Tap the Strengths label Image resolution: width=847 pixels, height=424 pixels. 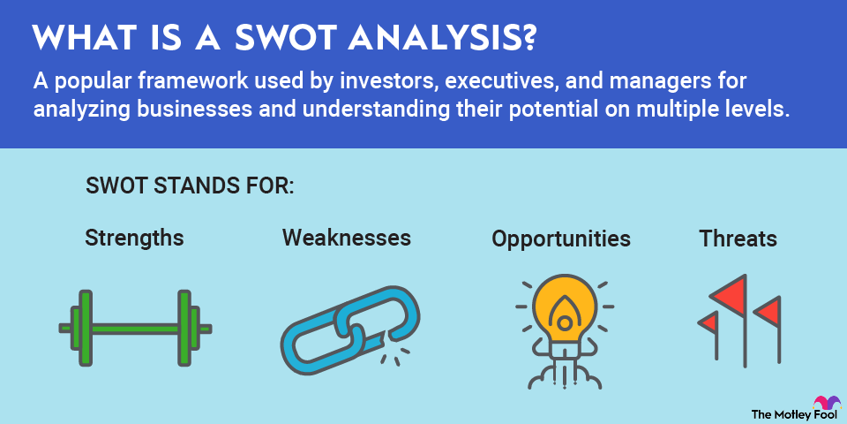click(134, 238)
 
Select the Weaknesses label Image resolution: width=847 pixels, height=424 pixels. click(347, 238)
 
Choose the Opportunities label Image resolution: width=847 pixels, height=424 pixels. click(561, 238)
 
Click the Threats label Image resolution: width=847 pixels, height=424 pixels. click(738, 238)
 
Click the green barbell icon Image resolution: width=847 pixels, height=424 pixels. click(135, 328)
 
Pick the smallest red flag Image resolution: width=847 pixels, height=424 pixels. click(708, 323)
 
